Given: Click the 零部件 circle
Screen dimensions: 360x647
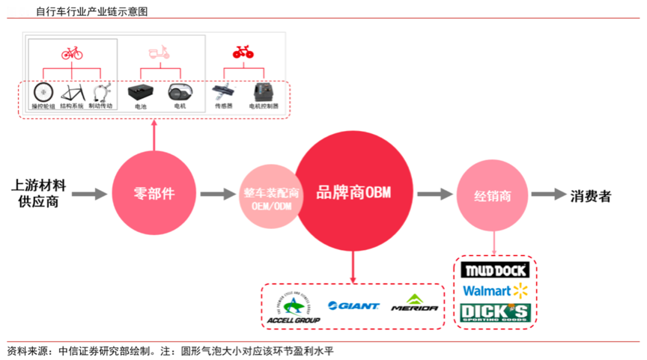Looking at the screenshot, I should coord(154,193).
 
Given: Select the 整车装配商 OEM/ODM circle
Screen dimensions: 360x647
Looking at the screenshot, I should coord(271,198).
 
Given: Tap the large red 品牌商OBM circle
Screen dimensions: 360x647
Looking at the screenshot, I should coord(353,193).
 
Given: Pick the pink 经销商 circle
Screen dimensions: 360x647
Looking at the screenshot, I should coord(493,196).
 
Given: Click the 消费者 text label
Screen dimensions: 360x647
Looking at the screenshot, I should coord(591,196).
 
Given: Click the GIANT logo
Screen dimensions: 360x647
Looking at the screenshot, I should coord(353,305).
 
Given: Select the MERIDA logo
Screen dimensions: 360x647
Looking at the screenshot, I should coord(414,305).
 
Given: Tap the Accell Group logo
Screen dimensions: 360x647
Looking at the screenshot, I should coord(293,308).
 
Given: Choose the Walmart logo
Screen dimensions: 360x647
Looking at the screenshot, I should coord(495,290).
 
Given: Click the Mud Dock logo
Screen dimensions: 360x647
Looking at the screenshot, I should coord(495,269).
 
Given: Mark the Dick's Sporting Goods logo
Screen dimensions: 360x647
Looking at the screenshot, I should coord(495,312).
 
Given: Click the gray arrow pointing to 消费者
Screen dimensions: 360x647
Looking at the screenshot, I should coord(548,195).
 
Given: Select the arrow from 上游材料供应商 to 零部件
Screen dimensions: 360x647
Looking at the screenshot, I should coord(90,195).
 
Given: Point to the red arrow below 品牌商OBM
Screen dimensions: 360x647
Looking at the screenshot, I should coord(353,266).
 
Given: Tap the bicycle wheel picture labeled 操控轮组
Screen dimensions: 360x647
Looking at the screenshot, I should coord(43,93).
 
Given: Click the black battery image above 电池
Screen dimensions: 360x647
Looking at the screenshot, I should coord(141,94).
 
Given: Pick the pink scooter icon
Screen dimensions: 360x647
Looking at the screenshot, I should coord(159,53).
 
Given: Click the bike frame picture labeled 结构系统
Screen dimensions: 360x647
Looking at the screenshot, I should coord(72,93).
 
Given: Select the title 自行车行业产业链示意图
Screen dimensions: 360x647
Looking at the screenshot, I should coord(91,11).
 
